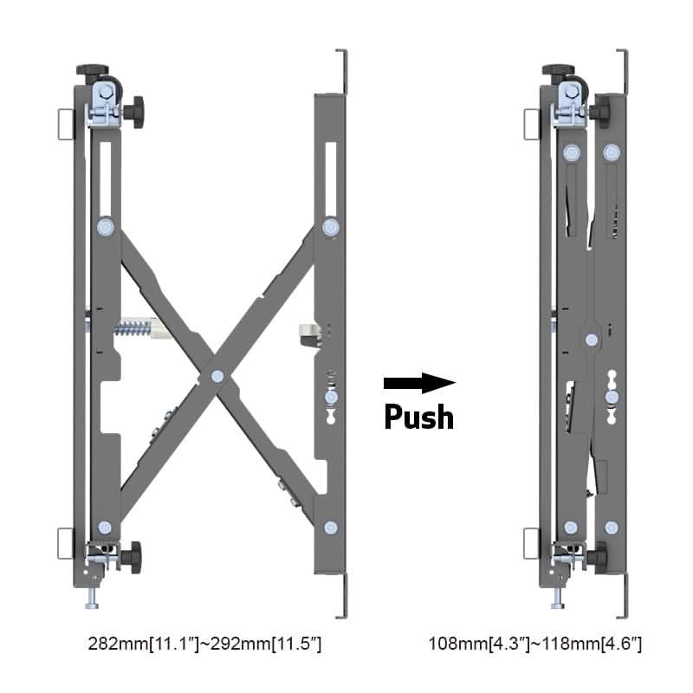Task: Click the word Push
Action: click(419, 417)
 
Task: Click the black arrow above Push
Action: click(419, 382)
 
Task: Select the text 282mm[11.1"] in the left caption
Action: click(143, 644)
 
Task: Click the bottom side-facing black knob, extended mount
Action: click(132, 555)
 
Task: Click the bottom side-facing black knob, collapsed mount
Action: click(599, 555)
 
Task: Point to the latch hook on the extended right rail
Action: click(308, 331)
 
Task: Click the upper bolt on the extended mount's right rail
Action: click(330, 228)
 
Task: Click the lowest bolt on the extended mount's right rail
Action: click(330, 527)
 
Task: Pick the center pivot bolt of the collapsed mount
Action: click(591, 340)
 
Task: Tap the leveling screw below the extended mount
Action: click(92, 597)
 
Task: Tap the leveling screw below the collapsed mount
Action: click(558, 597)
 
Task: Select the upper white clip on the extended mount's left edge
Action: click(65, 123)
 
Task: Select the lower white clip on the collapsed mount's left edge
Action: click(532, 543)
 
